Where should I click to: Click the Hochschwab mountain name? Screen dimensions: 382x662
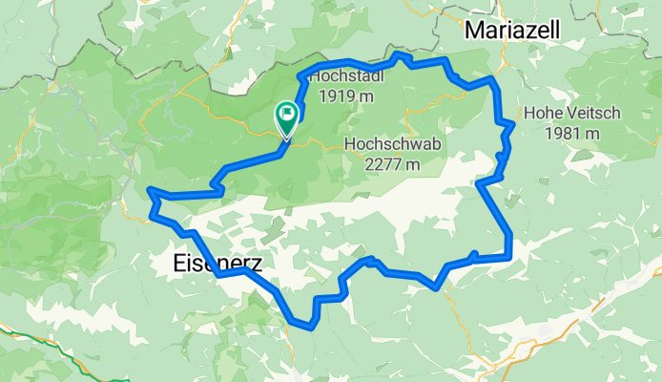point(384,143)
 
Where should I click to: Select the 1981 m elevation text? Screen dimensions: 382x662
point(572,133)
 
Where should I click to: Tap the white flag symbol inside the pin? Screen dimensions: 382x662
point(286,115)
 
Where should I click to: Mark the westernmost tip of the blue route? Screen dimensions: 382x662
point(149,192)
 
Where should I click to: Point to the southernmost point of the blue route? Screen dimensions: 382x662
point(310,327)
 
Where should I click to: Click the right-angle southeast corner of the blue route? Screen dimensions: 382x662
point(512,256)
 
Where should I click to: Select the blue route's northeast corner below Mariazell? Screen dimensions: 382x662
point(492,78)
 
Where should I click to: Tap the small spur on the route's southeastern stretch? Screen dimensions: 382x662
point(473,253)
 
